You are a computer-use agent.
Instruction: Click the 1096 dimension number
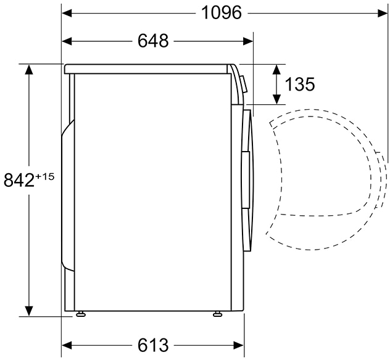tap(221, 13)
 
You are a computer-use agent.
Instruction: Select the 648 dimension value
tap(153, 41)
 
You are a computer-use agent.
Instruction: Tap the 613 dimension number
tap(153, 345)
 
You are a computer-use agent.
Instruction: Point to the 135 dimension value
tap(300, 84)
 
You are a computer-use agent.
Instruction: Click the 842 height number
tap(19, 180)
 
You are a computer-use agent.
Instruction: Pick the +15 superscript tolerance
tap(45, 177)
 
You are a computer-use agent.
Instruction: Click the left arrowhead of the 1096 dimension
tap(67, 13)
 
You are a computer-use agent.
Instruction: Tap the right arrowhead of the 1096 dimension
tap(383, 13)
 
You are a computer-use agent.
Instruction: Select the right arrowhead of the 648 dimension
tap(248, 41)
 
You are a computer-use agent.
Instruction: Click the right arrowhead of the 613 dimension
tap(239, 345)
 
